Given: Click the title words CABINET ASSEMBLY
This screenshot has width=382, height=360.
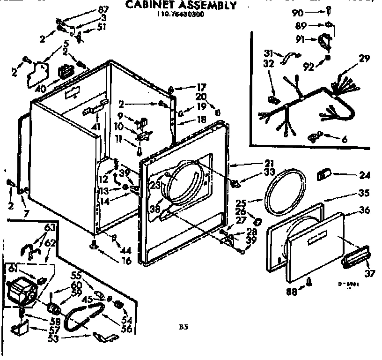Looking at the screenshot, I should click(181, 5).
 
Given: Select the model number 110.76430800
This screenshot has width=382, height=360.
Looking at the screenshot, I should click(180, 15).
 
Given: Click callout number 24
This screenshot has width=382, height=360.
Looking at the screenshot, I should click(364, 176).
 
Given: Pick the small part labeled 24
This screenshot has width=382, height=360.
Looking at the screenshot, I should click(323, 174).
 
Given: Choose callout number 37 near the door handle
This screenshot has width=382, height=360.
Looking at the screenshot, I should click(369, 273).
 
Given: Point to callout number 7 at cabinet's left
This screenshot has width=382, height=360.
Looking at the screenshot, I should click(27, 214).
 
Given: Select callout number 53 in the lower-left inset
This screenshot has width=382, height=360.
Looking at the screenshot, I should click(53, 339).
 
